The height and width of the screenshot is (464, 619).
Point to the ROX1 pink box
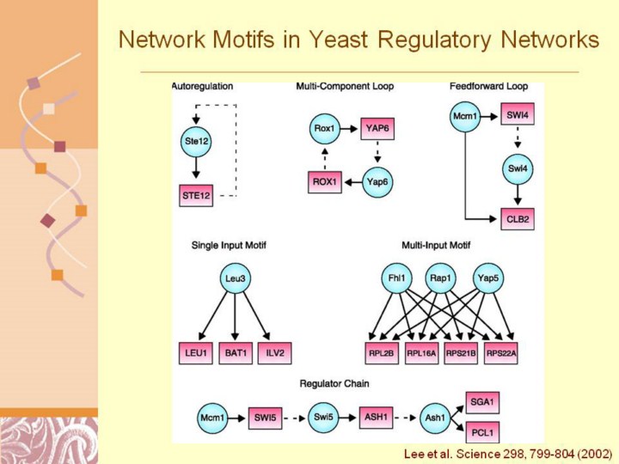click(324, 182)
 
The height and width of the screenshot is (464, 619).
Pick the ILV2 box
click(276, 353)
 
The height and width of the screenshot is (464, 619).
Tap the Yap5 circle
click(488, 278)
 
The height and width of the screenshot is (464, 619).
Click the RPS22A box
click(501, 353)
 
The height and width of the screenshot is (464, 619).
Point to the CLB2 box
click(518, 219)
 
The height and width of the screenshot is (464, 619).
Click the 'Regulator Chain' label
click(334, 382)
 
